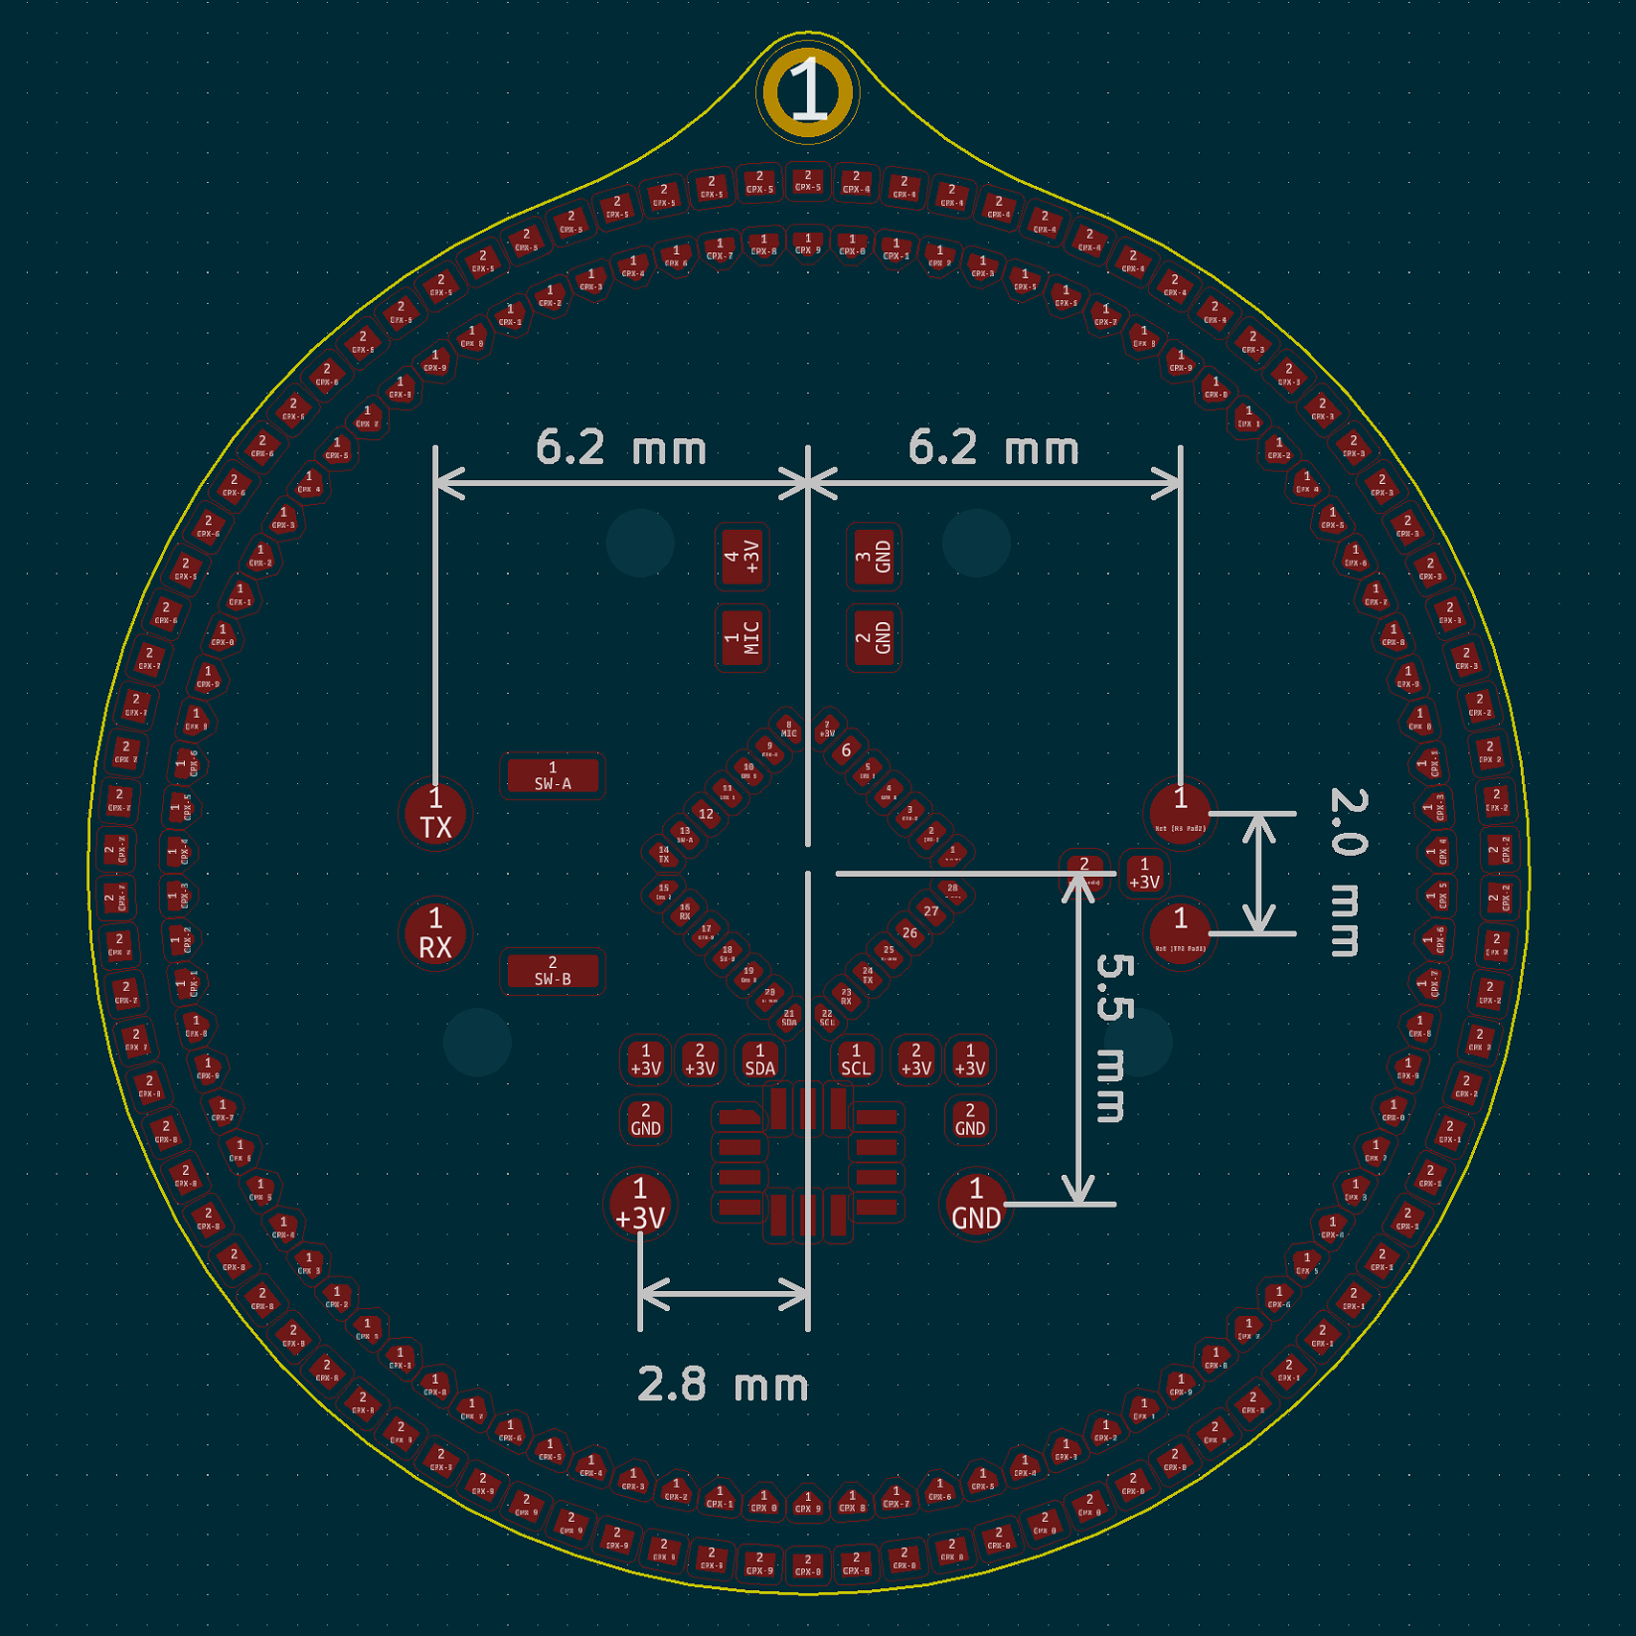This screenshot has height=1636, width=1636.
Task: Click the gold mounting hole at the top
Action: (x=806, y=92)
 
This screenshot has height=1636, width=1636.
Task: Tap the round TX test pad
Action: (x=435, y=814)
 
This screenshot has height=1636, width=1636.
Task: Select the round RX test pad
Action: (x=435, y=934)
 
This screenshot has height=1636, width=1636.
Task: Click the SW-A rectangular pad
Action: (x=553, y=776)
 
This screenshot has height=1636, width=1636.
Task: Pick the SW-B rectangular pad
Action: (x=553, y=971)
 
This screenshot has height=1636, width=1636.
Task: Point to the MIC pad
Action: (x=742, y=637)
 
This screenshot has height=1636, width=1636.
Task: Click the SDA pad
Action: (x=760, y=1061)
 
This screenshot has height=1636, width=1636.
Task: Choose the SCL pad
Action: (x=855, y=1061)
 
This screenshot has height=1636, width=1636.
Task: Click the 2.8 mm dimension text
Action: (x=723, y=1384)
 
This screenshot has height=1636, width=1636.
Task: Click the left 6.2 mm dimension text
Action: (x=621, y=448)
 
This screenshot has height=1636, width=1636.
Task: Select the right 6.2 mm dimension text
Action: (x=993, y=448)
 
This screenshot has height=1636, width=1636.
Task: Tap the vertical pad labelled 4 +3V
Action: (x=742, y=557)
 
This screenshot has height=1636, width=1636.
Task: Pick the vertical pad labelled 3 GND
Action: (x=874, y=557)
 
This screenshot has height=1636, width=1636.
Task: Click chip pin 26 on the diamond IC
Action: (x=909, y=933)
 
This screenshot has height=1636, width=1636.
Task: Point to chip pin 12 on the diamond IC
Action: (x=706, y=815)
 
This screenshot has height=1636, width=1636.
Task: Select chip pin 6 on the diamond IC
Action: (x=846, y=750)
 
